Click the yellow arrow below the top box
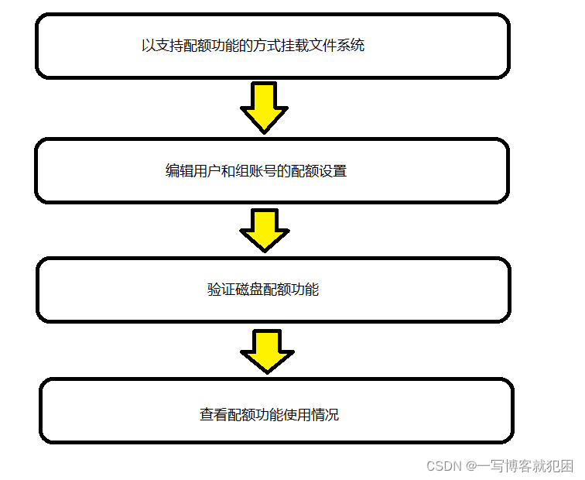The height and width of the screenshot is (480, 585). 264,107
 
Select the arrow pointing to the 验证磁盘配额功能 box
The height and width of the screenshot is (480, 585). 264,228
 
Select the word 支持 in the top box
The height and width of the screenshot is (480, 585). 169,46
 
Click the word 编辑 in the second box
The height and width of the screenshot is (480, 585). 180,171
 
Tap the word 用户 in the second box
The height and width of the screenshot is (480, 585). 207,171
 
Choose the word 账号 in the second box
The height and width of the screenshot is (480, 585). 263,171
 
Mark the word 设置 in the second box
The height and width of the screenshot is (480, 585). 333,171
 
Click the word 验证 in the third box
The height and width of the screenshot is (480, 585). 221,290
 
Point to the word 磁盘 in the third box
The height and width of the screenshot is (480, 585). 249,290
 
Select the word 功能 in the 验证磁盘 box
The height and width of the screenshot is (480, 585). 305,290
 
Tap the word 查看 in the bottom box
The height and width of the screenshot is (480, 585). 214,415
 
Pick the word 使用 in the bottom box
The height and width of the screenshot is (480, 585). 297,415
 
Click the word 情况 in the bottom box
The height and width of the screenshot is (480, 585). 325,415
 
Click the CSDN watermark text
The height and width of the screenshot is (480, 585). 444,466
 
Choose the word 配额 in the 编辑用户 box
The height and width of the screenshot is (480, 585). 305,171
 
